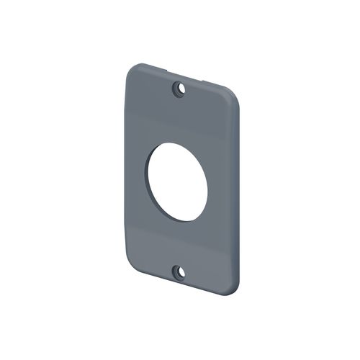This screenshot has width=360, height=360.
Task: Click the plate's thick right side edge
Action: (238, 194)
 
